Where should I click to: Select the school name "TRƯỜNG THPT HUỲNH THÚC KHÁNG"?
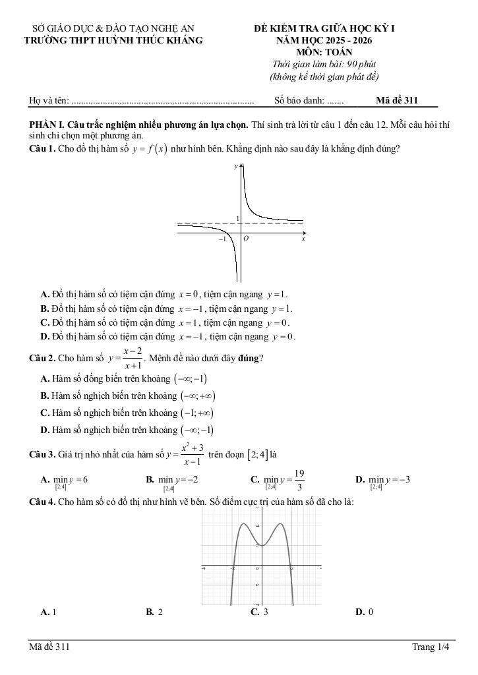[113, 40]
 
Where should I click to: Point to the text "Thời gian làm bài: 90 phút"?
[324, 64]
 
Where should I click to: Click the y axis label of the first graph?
[235, 167]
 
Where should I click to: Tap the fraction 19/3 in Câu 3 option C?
[299, 480]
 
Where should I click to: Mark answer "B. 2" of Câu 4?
[154, 612]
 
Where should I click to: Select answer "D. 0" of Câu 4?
[364, 612]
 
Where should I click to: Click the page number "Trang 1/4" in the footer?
[430, 647]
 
